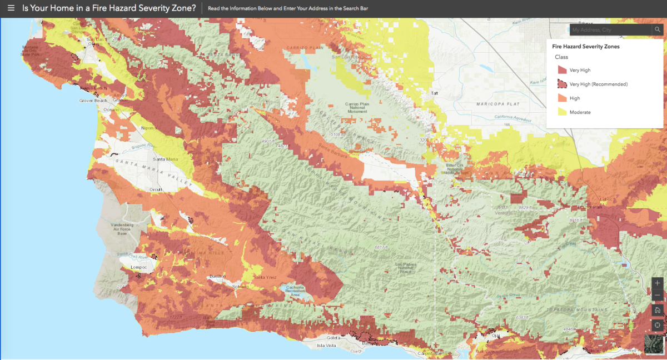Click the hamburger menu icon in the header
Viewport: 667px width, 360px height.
(x=11, y=8)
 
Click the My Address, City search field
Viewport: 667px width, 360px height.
(x=610, y=29)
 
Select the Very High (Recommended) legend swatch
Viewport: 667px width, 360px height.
(x=561, y=84)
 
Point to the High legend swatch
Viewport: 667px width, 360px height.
(x=561, y=98)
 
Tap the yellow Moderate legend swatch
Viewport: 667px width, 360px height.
(x=561, y=112)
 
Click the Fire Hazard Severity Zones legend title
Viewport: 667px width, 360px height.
(x=586, y=47)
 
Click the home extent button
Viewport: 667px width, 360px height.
(x=658, y=310)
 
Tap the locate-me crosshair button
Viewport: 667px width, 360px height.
(x=658, y=324)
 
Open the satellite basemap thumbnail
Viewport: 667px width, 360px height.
(x=654, y=344)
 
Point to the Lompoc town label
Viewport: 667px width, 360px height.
(x=138, y=267)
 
